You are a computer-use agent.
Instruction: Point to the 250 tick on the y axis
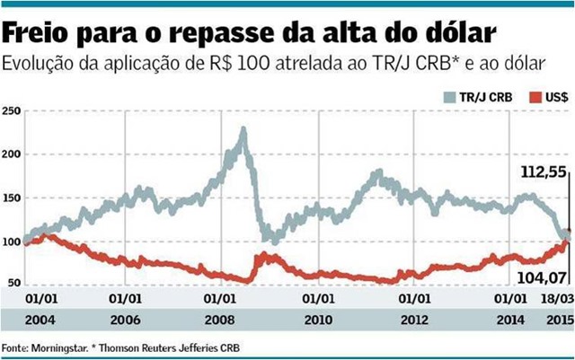click(12, 110)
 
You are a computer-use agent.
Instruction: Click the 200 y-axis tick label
click(12, 154)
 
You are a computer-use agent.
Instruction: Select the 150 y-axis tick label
click(12, 198)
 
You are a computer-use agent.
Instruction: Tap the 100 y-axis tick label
click(12, 241)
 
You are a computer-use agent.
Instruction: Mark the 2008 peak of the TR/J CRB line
click(243, 131)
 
